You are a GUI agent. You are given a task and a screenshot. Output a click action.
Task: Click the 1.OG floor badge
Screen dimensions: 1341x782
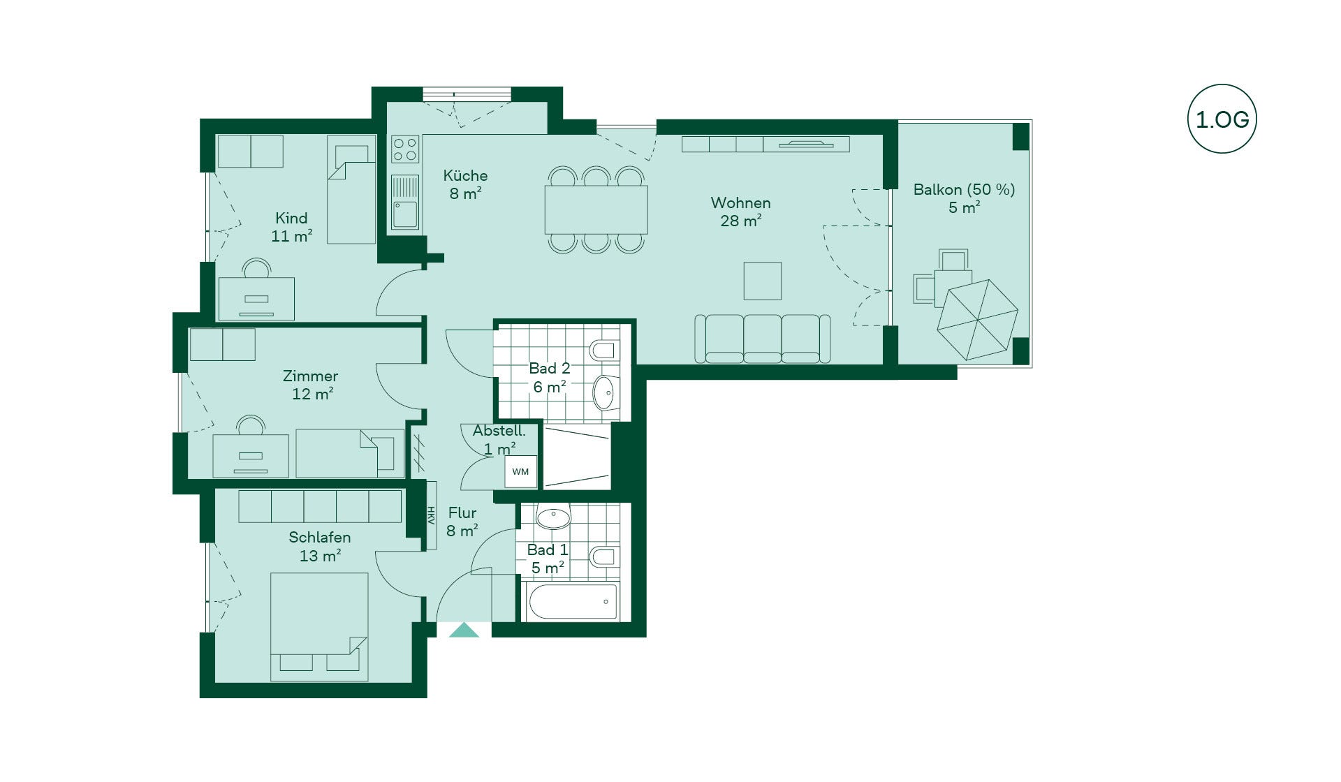(1222, 119)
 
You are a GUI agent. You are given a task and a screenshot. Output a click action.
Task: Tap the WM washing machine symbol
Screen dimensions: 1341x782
(520, 471)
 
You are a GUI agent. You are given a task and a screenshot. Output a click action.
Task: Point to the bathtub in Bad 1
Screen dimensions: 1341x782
(573, 602)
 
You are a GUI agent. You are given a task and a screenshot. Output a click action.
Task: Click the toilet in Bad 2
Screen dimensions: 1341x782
(603, 350)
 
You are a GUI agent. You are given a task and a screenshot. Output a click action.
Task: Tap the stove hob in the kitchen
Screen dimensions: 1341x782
(405, 149)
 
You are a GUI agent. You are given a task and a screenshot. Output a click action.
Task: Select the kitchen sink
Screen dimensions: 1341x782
(405, 202)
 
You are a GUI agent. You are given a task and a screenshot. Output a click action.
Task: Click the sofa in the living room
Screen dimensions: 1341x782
(763, 339)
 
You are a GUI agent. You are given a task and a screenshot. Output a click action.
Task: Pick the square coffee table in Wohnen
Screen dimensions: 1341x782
(762, 281)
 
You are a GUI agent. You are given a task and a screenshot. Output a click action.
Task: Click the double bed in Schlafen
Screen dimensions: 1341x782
(319, 627)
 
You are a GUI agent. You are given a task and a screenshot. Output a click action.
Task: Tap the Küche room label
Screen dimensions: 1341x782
(465, 175)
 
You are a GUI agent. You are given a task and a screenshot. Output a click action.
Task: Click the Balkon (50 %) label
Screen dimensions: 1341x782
(964, 189)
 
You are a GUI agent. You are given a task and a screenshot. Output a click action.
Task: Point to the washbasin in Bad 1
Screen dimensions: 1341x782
(553, 518)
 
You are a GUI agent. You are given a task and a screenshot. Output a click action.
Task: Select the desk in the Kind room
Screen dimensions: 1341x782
(256, 299)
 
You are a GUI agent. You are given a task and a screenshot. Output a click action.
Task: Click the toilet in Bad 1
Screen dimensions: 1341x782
(603, 556)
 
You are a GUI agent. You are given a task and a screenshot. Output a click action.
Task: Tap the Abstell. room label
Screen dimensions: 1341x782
(499, 431)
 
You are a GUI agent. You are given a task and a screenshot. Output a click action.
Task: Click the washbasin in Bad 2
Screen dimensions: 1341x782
(604, 392)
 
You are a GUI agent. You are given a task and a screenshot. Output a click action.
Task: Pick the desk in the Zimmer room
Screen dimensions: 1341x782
(251, 456)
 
